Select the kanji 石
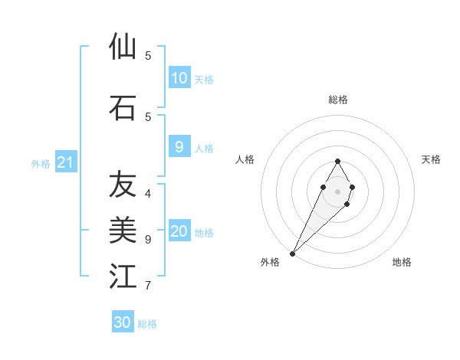[x=123, y=107]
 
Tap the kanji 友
[x=123, y=185]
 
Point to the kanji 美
[x=123, y=230]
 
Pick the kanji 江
[x=123, y=276]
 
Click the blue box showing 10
[x=179, y=78]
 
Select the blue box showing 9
[x=179, y=148]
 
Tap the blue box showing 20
[x=179, y=232]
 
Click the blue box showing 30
[x=123, y=322]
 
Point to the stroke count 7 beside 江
[x=148, y=286]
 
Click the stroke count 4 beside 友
[x=148, y=193]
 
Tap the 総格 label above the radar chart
[x=338, y=100]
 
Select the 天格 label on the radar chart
[x=432, y=159]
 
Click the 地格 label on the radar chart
[x=402, y=262]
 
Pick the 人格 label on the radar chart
[x=245, y=159]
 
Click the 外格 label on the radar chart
[x=270, y=262]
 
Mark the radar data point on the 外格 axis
[x=292, y=253]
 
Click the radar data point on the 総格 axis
[x=337, y=161]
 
